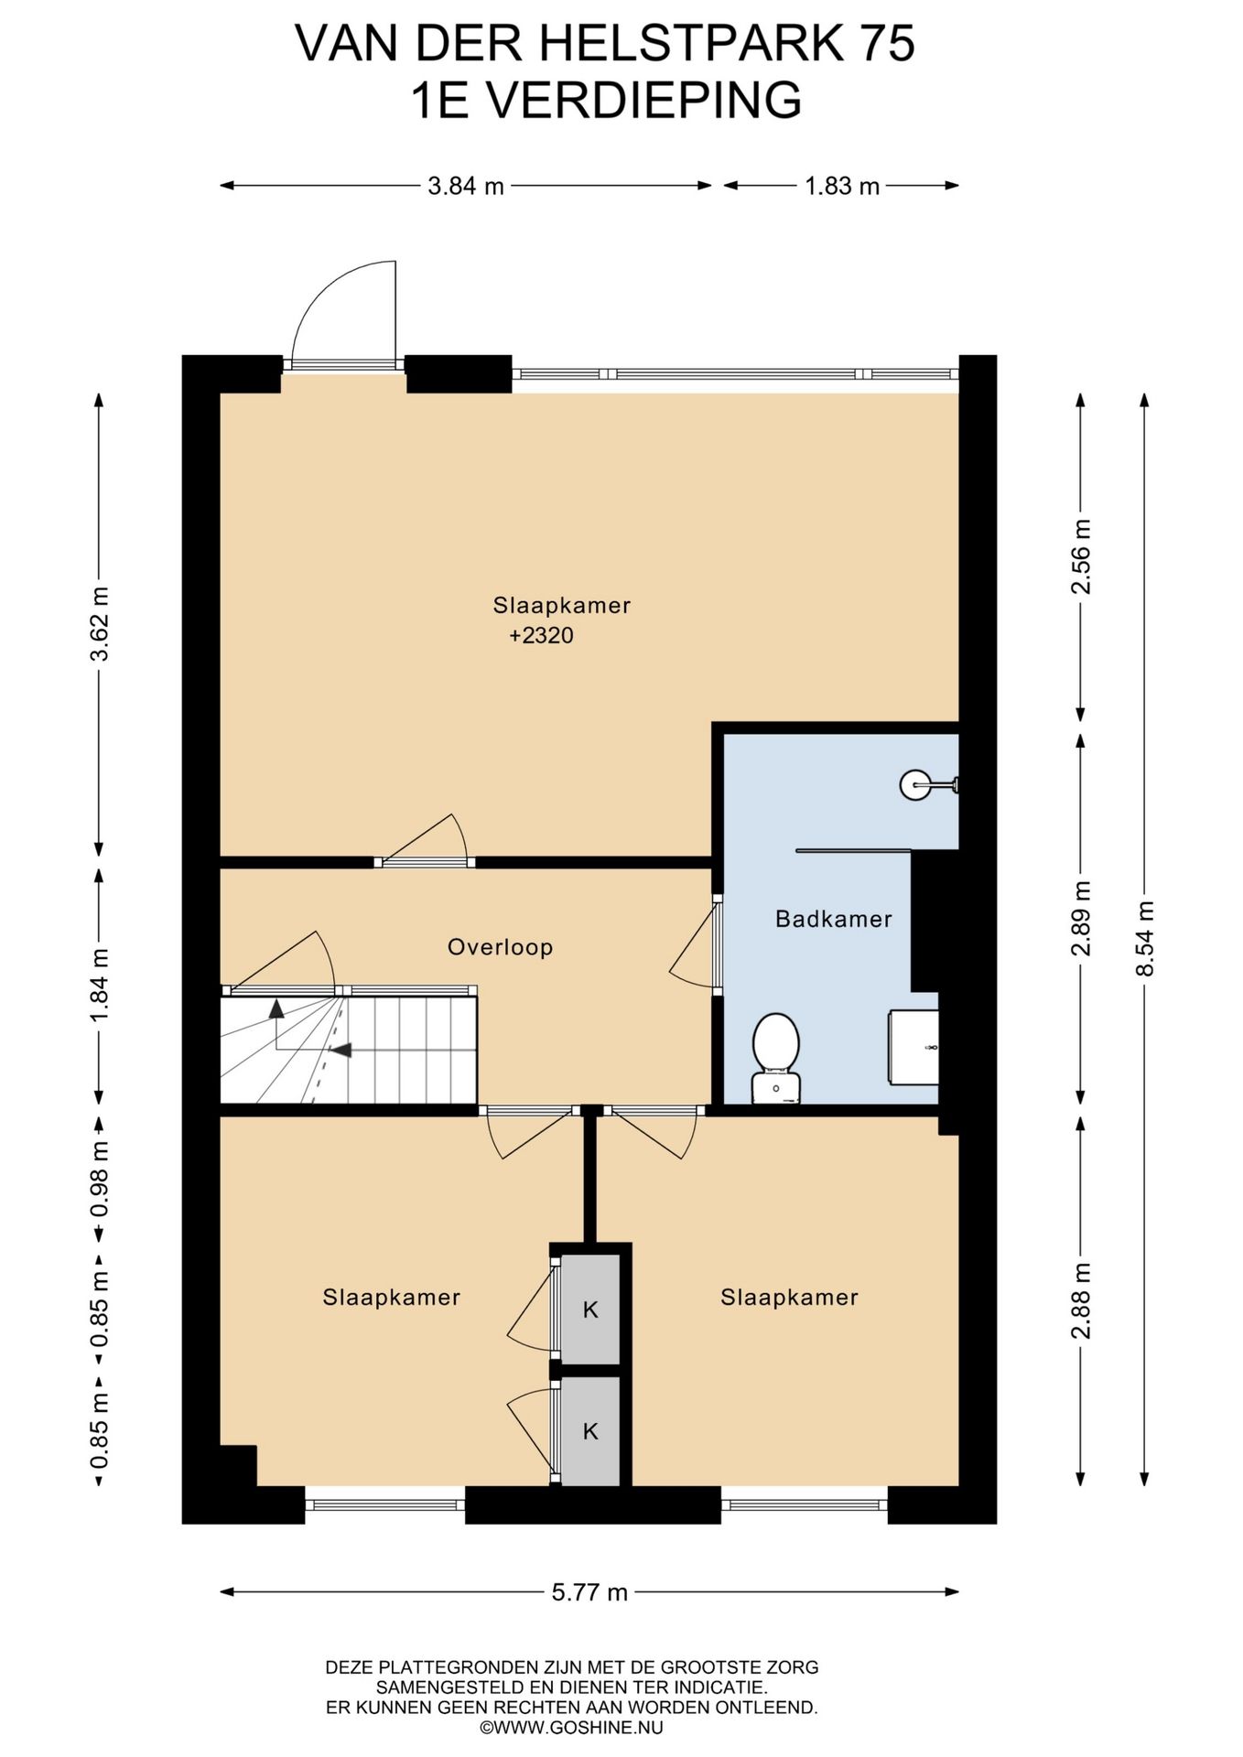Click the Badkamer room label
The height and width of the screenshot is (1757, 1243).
[833, 919]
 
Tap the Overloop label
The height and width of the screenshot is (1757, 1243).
[500, 947]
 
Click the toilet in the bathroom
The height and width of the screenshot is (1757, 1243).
[776, 1058]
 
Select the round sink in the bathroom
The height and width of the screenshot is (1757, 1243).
[915, 784]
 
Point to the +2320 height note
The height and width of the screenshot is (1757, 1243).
[541, 636]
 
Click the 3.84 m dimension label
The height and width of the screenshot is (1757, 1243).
[466, 187]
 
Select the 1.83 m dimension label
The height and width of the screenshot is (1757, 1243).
[842, 187]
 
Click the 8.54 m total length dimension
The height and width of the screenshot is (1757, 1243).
[1144, 939]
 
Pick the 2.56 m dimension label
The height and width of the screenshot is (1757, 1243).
[1081, 556]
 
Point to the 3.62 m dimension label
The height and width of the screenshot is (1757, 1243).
[100, 624]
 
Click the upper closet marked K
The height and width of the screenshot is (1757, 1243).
[590, 1310]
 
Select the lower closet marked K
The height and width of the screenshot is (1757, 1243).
[590, 1430]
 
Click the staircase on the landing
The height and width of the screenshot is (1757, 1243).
[349, 1051]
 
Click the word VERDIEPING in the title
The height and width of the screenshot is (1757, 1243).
[643, 100]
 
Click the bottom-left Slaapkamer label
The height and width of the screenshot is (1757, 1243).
[391, 1298]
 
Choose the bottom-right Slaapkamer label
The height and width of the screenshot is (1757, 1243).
[789, 1298]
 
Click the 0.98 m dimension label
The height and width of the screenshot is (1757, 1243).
[100, 1179]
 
